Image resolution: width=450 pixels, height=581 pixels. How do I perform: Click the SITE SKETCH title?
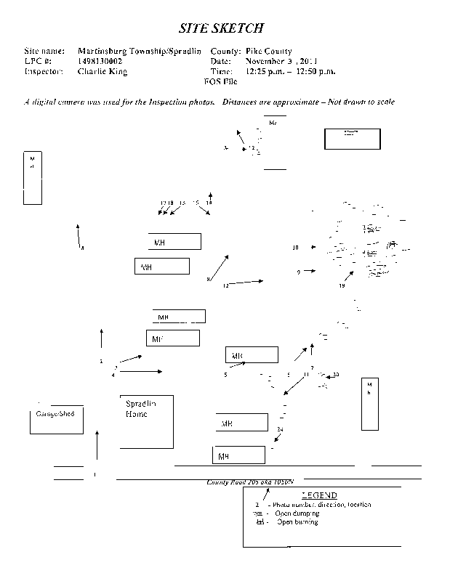point(221,28)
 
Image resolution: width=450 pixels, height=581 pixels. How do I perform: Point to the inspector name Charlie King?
point(102,72)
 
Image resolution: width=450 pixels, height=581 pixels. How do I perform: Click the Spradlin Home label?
point(141,409)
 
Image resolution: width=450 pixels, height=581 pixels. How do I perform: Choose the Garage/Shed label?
point(55,413)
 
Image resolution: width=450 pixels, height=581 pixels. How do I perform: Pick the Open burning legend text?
point(297,521)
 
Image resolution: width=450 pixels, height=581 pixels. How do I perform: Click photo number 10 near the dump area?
point(296,248)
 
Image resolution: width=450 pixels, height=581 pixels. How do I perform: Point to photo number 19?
point(342,286)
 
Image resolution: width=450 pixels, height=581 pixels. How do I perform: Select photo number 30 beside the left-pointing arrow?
point(335,375)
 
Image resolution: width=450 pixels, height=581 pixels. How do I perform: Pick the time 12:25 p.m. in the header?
point(267,72)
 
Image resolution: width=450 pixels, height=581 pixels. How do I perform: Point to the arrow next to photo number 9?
point(310,270)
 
